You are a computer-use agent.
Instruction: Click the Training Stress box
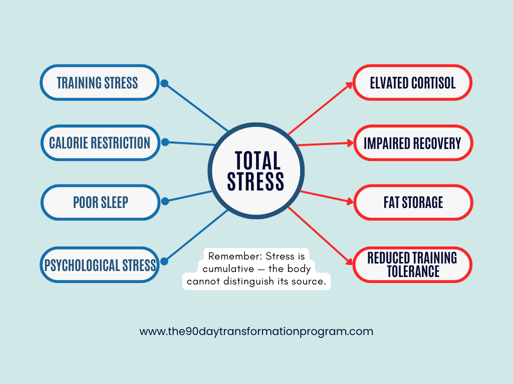point(99,82)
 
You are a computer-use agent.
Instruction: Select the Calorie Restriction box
point(99,142)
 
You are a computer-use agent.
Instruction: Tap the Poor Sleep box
point(100,202)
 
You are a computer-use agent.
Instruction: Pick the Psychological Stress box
point(99,264)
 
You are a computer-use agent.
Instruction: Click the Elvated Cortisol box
point(412,82)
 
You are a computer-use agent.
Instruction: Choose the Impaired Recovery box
point(412,143)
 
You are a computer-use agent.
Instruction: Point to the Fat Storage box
point(412,202)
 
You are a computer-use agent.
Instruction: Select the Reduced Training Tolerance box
point(412,264)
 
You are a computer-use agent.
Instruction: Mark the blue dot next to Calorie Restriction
point(165,142)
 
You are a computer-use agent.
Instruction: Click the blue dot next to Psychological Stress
point(165,260)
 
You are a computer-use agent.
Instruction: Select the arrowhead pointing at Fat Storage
point(349,201)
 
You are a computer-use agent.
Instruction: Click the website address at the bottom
point(256,331)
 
